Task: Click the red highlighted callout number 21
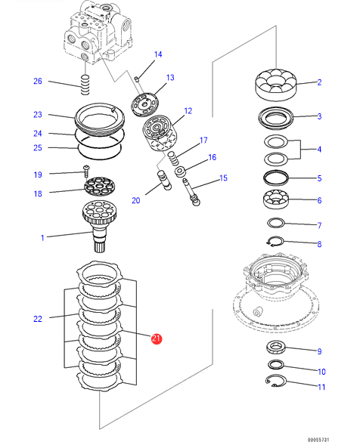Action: (x=157, y=339)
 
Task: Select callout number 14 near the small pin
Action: (x=158, y=54)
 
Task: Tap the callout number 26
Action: (x=38, y=81)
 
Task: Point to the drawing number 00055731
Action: (x=318, y=440)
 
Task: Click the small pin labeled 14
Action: (x=137, y=79)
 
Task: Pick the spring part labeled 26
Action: (x=85, y=85)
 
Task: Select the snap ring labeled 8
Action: (x=275, y=241)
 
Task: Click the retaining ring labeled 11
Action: (x=275, y=381)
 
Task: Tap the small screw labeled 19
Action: (x=86, y=171)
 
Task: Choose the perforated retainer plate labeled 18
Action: (x=99, y=186)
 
